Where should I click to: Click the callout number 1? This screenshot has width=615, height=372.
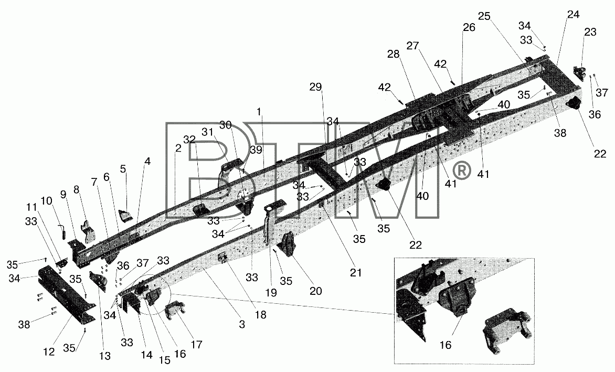pyautogui.click(x=259, y=112)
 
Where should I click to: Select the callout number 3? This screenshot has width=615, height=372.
pyautogui.click(x=242, y=325)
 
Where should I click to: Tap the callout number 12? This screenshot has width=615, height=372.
pyautogui.click(x=49, y=352)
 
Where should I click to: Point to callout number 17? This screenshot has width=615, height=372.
pyautogui.click(x=196, y=345)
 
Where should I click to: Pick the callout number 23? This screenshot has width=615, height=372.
pyautogui.click(x=590, y=32)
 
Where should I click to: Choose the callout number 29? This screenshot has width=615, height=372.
pyautogui.click(x=315, y=88)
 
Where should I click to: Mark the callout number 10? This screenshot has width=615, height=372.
pyautogui.click(x=46, y=201)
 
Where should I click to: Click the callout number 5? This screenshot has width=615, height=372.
pyautogui.click(x=123, y=169)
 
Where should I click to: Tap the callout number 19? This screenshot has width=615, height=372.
pyautogui.click(x=271, y=292)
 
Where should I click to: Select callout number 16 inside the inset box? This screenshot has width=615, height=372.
pyautogui.click(x=446, y=345)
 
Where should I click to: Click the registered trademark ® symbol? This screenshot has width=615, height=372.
pyautogui.click(x=461, y=171)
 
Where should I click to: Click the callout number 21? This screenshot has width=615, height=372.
pyautogui.click(x=356, y=272)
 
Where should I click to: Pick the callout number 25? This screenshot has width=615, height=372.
pyautogui.click(x=484, y=16)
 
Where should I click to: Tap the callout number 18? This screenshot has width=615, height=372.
pyautogui.click(x=260, y=314)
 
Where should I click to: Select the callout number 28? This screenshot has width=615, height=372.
pyautogui.click(x=394, y=54)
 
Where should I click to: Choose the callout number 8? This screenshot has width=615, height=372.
pyautogui.click(x=76, y=190)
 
